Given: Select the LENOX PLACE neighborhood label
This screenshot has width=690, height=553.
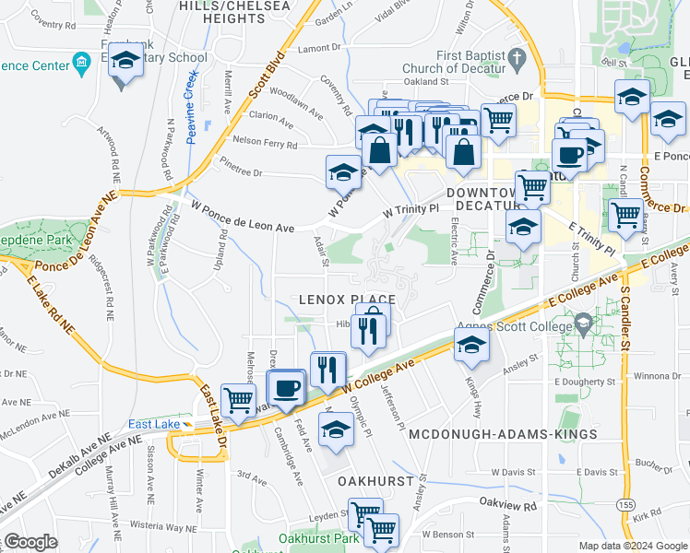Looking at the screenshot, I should click(x=347, y=300).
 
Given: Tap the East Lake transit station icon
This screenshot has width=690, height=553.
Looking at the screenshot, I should click(x=187, y=424).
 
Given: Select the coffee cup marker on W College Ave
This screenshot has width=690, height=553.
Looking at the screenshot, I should click(x=285, y=386).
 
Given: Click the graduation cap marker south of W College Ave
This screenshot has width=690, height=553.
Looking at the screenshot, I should click(x=335, y=429).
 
